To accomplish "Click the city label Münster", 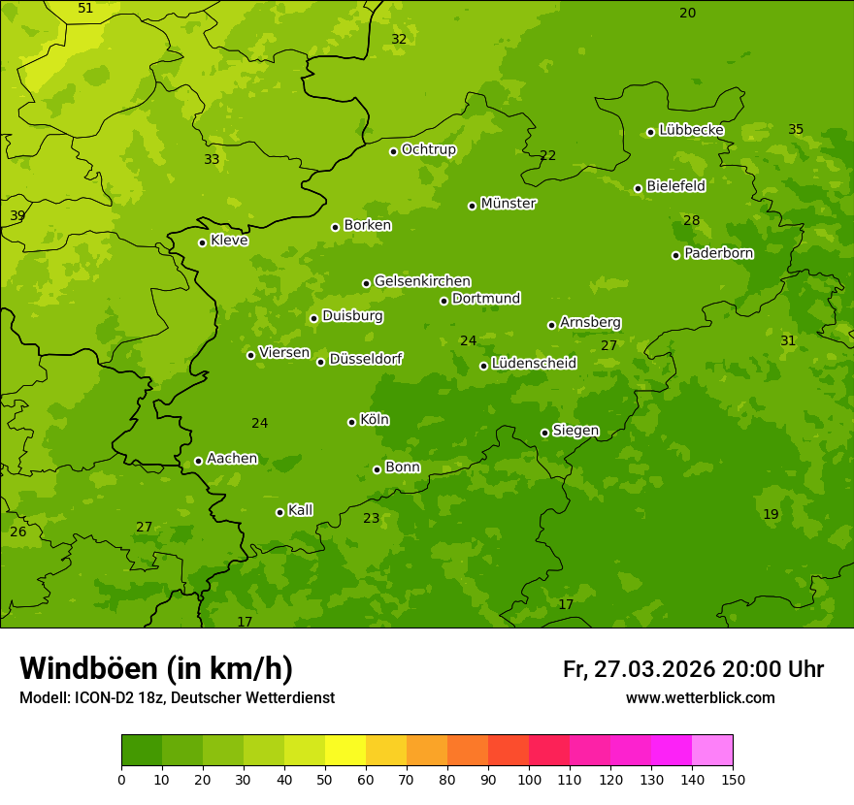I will [x=509, y=204].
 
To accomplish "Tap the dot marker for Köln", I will [x=351, y=422].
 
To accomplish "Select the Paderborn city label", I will [x=719, y=253].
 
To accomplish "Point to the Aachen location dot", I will [x=198, y=461].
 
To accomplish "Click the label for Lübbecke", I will [x=691, y=130].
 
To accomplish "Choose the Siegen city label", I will [x=575, y=431].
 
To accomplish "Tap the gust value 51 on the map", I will [x=85, y=9].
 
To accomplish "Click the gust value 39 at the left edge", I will [x=17, y=216].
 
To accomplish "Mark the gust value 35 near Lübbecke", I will [x=796, y=130].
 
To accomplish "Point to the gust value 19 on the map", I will [x=771, y=515].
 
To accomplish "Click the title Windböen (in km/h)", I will [x=156, y=668].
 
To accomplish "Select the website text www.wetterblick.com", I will [x=700, y=698].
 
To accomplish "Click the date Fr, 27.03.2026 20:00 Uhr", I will [x=693, y=669].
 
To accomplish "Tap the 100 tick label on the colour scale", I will [x=529, y=779].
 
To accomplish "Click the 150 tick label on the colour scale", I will [x=733, y=779].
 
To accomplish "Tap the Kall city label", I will [x=301, y=510].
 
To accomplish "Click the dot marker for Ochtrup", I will [x=393, y=151].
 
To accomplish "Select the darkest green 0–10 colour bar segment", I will [x=142, y=751].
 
